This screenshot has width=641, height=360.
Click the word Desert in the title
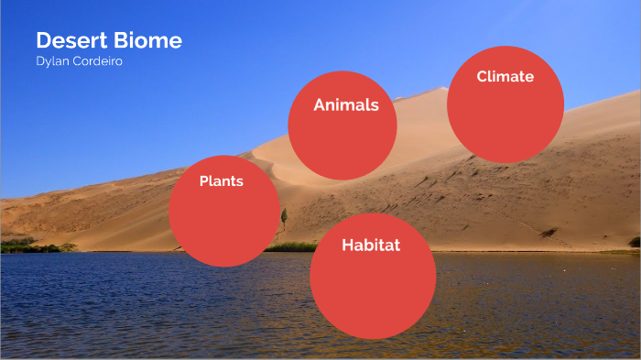71,41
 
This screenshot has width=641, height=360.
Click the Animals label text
346,105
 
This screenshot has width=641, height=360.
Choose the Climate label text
505,77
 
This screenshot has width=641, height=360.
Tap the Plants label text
222,181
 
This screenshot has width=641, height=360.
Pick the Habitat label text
371,245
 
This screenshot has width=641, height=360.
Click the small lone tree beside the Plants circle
284,218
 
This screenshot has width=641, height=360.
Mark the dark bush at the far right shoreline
634,243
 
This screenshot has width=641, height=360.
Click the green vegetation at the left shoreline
27,245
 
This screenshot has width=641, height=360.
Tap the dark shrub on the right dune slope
549,233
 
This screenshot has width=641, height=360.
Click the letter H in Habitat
348,245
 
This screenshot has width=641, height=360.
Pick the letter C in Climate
483,77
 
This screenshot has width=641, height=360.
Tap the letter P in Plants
204,181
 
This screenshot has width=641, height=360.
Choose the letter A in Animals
320,105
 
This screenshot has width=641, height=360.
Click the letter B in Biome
120,41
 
